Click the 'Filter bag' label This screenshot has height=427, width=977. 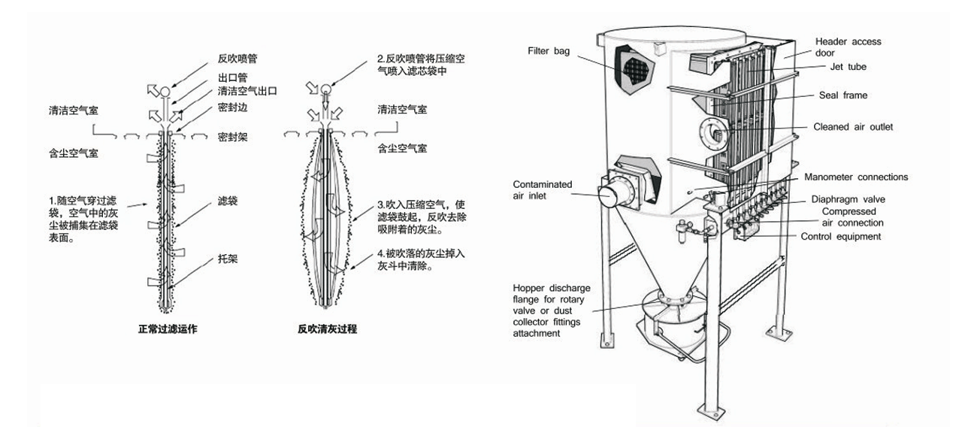tap(549, 51)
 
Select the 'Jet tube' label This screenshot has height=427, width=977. tap(848, 67)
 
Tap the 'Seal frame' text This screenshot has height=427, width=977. tap(843, 95)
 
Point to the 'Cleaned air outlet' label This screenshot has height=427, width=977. tap(853, 127)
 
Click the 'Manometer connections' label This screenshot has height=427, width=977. tap(856, 177)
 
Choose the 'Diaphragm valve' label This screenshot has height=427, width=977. tap(848, 200)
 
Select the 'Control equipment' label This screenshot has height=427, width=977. tap(841, 237)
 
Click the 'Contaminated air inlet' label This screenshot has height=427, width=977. tap(542, 189)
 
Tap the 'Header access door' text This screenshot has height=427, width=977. tap(848, 47)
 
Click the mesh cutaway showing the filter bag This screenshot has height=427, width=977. tap(634, 66)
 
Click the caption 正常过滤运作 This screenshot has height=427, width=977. tap(168, 329)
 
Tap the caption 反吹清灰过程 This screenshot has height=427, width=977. tap(326, 329)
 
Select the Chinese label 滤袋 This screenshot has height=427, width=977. tap(228, 201)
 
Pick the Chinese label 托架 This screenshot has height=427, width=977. tap(228, 256)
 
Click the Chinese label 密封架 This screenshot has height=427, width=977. tap(232, 138)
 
